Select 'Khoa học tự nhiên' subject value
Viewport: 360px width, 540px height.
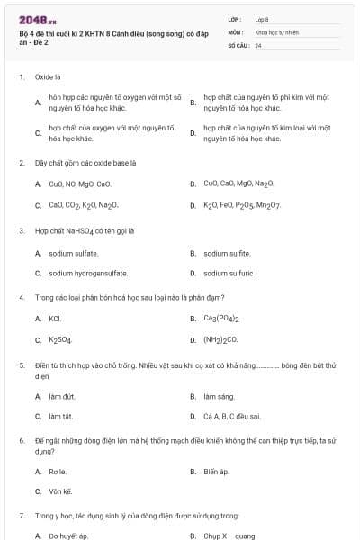click(x=274, y=31)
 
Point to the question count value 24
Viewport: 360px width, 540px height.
click(x=258, y=45)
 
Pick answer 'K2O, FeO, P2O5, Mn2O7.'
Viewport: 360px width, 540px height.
click(x=242, y=205)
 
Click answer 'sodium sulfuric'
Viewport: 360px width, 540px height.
click(x=228, y=273)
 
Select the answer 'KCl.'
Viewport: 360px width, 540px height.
click(x=55, y=319)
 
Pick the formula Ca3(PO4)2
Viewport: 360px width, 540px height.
click(x=221, y=319)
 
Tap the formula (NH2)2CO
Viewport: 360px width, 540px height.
click(x=220, y=340)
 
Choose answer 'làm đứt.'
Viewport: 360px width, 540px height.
click(x=62, y=396)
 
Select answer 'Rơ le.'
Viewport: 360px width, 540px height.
click(x=58, y=472)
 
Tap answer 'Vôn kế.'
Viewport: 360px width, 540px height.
click(x=60, y=491)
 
